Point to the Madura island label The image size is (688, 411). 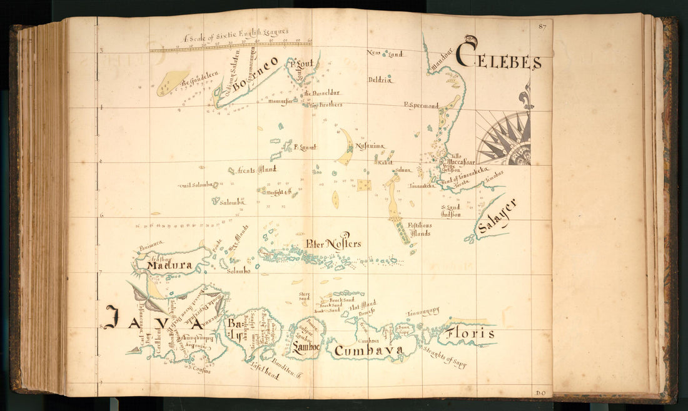coord(169,266)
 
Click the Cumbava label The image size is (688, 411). coord(368,352)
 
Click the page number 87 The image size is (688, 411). coord(542,26)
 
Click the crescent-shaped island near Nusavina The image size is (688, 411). coord(346,148)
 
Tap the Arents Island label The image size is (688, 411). coord(256,169)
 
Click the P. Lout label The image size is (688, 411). coord(301,63)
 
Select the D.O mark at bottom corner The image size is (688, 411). coord(541,393)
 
